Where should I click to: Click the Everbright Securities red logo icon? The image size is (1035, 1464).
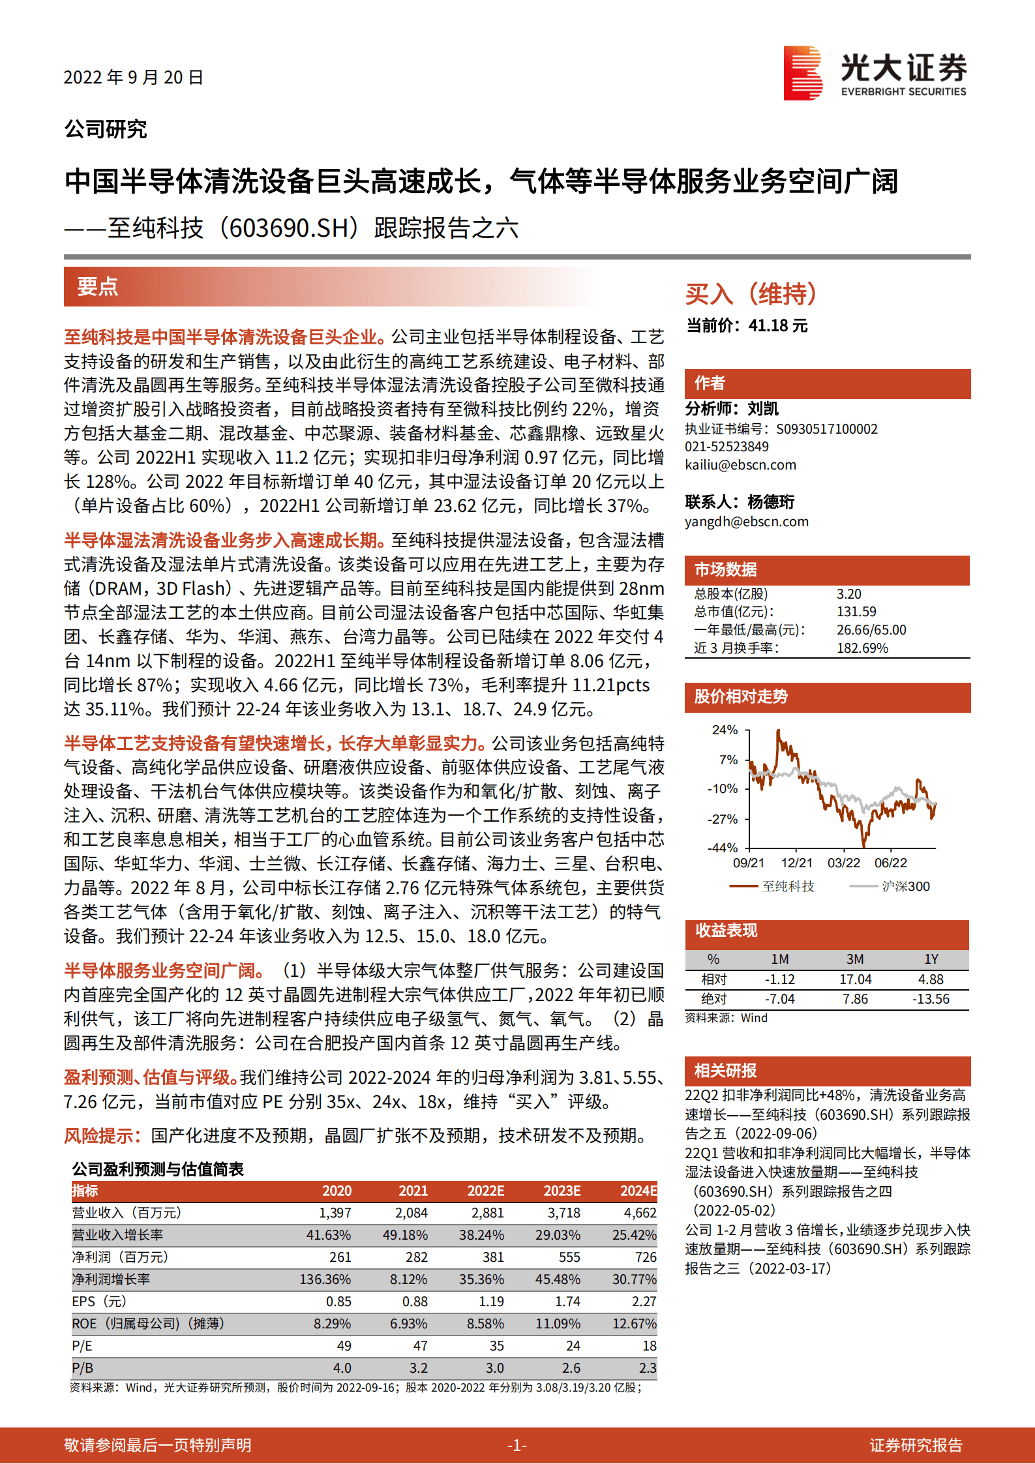[802, 73]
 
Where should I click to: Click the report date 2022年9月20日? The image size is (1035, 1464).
[133, 78]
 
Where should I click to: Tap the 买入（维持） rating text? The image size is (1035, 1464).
[751, 294]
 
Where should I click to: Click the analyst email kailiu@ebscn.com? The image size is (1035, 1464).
[740, 465]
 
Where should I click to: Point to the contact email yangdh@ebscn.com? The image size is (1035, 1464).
[746, 522]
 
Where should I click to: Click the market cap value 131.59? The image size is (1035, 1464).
[856, 612]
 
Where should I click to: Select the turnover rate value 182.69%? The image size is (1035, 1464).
[862, 648]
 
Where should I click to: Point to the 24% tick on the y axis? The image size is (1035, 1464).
[725, 730]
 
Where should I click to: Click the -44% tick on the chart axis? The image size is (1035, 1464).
[723, 848]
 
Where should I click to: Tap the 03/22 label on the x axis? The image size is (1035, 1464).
[844, 863]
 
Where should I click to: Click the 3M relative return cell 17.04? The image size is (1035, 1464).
[855, 979]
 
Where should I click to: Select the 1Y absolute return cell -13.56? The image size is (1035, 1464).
[931, 999]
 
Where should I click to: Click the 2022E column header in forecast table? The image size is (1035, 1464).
[485, 1191]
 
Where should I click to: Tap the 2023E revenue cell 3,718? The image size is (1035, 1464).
[563, 1213]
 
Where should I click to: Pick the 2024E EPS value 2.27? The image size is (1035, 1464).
[644, 1302]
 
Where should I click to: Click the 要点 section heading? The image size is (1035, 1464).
[98, 286]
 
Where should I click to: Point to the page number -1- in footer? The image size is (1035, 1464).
[517, 1445]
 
